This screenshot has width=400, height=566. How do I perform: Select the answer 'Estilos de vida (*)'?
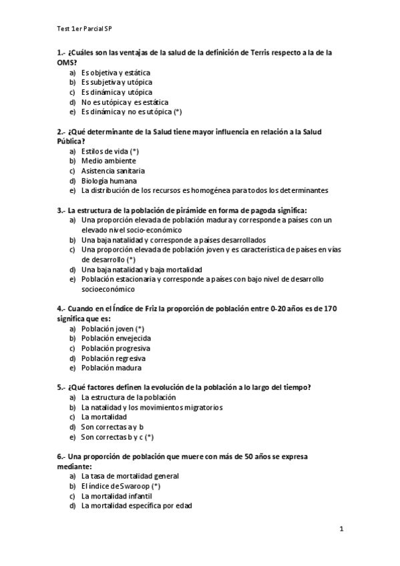[110, 151]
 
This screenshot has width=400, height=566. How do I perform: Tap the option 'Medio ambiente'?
[109, 161]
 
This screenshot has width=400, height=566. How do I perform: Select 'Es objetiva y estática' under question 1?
[116, 72]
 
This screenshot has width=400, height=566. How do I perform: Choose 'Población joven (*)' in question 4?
[113, 328]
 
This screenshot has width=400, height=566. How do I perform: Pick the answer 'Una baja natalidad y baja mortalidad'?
[142, 269]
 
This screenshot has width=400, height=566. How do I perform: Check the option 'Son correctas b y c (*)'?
[118, 437]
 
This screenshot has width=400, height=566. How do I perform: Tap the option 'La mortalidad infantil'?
[117, 496]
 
